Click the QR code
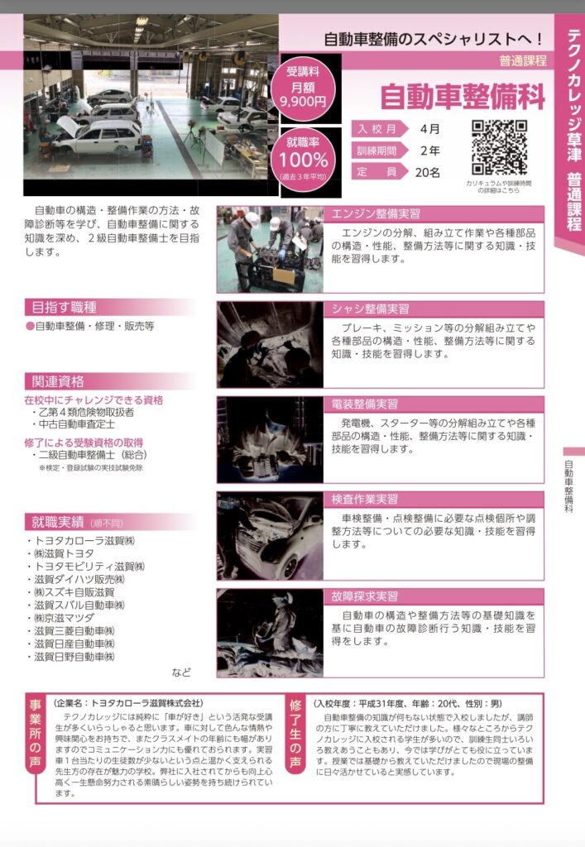(x=499, y=147)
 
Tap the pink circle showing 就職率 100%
(x=304, y=160)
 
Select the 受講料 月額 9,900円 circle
(x=303, y=87)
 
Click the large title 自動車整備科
(x=463, y=96)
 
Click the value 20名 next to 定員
(x=428, y=172)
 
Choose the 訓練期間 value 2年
(x=430, y=151)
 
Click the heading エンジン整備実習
(x=376, y=214)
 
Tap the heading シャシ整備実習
(x=371, y=309)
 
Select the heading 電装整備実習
(x=365, y=404)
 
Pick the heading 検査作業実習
(x=365, y=499)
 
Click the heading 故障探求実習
(x=365, y=596)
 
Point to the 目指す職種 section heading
(x=65, y=308)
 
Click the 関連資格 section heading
(x=58, y=381)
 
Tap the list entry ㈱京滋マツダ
(x=64, y=618)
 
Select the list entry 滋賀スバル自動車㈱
(x=79, y=605)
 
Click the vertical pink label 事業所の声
(x=35, y=734)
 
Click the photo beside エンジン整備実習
(x=270, y=250)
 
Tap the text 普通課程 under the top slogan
(x=522, y=60)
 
